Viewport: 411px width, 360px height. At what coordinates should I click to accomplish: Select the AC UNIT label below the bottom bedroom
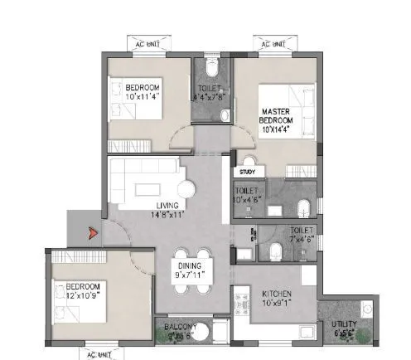98,355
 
